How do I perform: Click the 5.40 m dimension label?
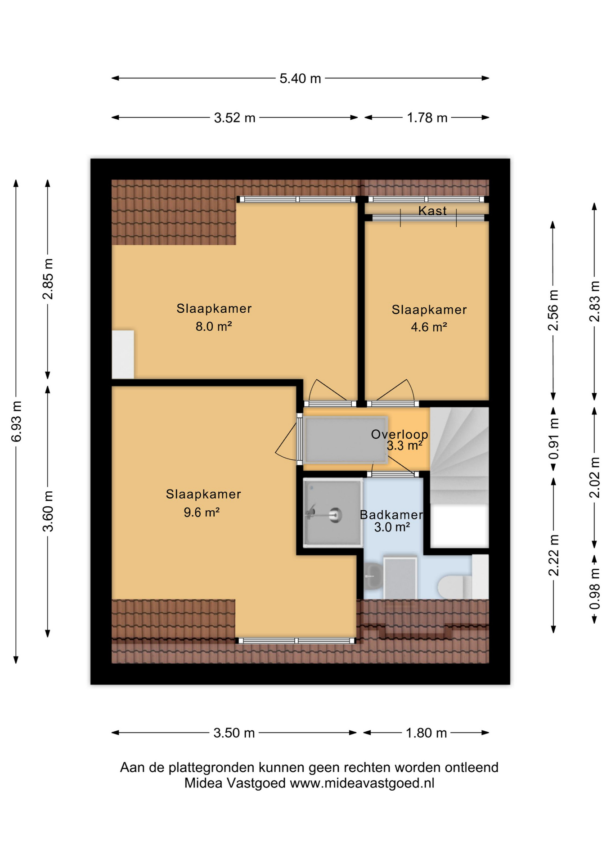[x=300, y=79]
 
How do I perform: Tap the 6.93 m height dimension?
[x=16, y=421]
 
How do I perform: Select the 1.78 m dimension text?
[x=427, y=118]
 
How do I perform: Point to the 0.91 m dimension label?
[x=554, y=439]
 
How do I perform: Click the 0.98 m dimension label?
[x=595, y=589]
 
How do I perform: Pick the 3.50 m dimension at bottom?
[x=234, y=733]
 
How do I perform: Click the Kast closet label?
[x=432, y=211]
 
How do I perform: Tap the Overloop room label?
[x=399, y=434]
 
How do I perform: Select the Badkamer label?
[x=391, y=515]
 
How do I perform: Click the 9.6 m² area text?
[x=201, y=512]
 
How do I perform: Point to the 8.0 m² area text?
[x=213, y=326]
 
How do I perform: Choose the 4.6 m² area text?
[x=428, y=327]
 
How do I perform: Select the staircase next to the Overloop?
[x=459, y=454]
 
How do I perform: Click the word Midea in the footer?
[x=203, y=783]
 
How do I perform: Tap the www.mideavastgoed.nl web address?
[x=362, y=783]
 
